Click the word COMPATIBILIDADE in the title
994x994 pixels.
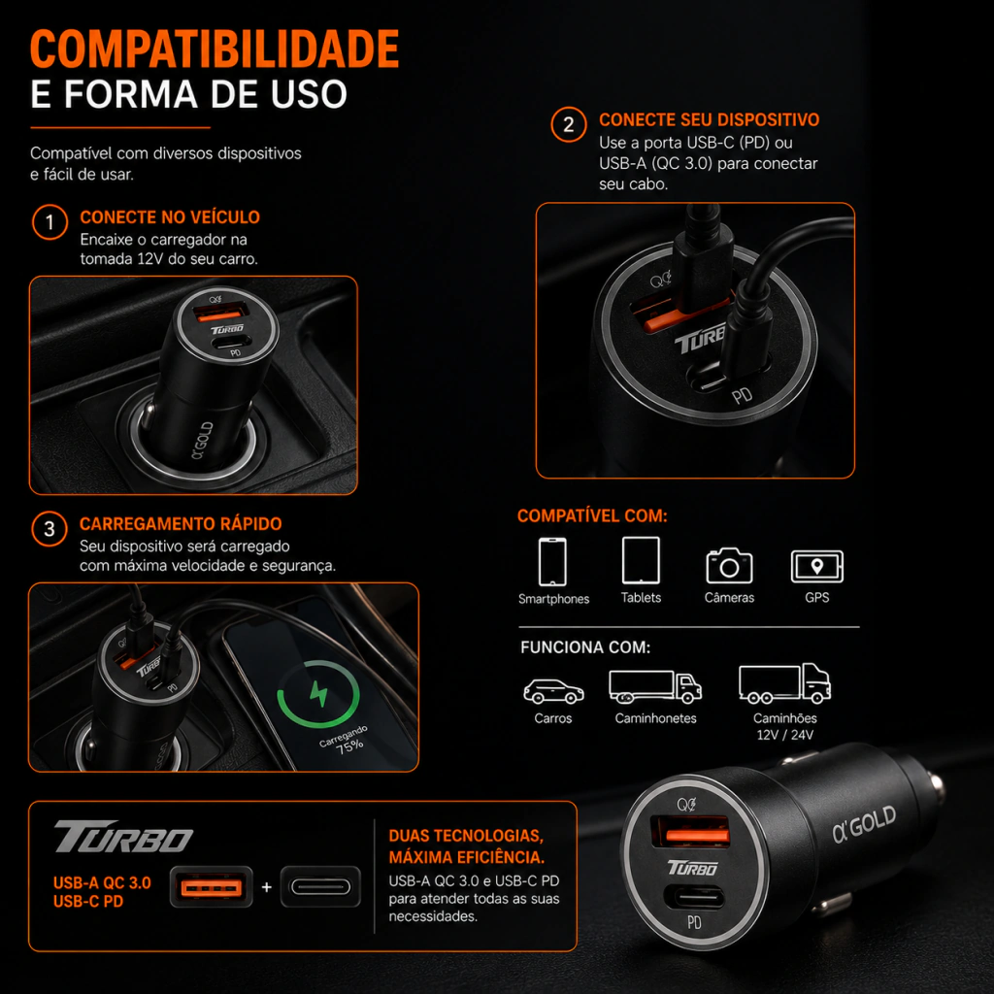coord(215,49)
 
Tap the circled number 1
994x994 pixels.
coord(50,222)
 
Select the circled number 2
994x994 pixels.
coord(568,124)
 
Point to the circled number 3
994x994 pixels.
coord(49,529)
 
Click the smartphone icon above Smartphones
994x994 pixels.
coord(552,562)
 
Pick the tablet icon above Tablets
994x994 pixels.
coord(641,560)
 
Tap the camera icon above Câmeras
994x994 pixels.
coord(729,566)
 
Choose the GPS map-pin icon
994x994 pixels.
coord(817,566)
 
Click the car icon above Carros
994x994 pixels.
coord(553,691)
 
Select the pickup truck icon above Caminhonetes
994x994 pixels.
coord(655,687)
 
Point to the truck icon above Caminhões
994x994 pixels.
coord(784,683)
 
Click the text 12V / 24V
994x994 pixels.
coord(784,735)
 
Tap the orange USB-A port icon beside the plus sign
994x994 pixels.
coord(211,887)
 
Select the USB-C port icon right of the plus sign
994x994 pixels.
coord(320,887)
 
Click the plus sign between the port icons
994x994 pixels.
coord(266,887)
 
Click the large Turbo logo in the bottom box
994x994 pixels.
coord(123,837)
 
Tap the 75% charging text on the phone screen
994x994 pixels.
coord(349,746)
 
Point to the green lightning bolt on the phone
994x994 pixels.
coord(318,693)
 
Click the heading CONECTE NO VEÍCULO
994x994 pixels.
coord(170,217)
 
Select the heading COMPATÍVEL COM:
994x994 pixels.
coord(592,516)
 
